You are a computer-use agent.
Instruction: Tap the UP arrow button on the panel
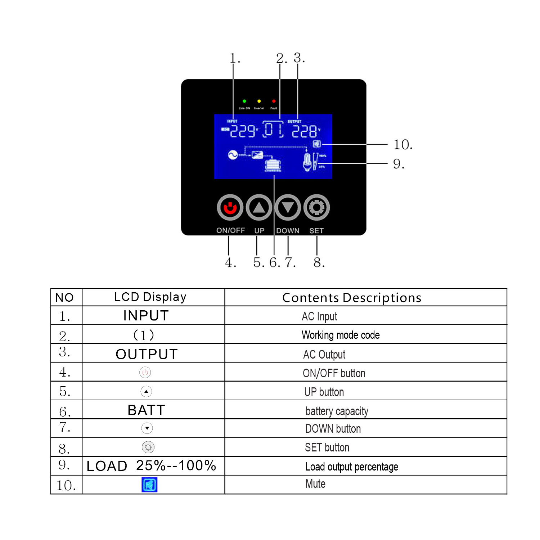259,207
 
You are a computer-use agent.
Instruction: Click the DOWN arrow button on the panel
288,207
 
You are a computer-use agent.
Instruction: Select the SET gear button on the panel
316,207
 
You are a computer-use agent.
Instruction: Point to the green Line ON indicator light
244,101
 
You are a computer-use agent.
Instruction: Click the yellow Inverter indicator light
259,101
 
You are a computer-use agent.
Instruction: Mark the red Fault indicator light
274,101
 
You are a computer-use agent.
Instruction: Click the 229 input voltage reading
243,131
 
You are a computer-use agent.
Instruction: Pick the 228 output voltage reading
304,131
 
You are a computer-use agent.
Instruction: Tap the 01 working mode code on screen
273,130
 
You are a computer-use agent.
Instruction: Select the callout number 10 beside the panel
402,145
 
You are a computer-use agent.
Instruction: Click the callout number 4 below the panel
230,262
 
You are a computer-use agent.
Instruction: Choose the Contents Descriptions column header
352,298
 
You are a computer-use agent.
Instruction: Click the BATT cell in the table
146,410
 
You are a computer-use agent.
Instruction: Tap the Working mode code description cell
341,335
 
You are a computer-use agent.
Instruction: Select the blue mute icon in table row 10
149,485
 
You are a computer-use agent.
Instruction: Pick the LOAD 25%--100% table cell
151,465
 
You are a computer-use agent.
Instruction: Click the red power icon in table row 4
145,372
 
